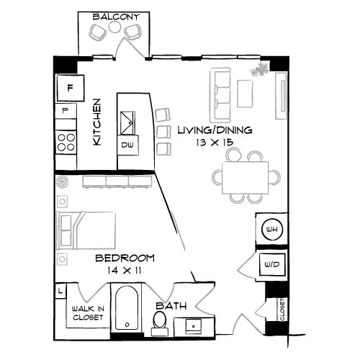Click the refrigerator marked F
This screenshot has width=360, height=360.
tap(71, 88)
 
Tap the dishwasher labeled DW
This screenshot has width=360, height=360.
tap(128, 145)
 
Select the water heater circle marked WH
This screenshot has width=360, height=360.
tap(272, 229)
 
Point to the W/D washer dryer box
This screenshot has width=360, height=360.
tap(272, 265)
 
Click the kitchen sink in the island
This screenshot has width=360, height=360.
tap(127, 122)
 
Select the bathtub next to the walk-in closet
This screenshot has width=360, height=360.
tap(127, 307)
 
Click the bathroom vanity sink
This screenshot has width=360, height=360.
tap(194, 326)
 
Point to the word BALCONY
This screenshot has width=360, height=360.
tap(116, 17)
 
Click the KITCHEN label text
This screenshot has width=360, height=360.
tap(96, 122)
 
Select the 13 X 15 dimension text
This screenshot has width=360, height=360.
tap(215, 143)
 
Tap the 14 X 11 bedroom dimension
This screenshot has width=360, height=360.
tap(124, 271)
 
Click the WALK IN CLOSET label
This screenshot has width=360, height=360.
tap(88, 313)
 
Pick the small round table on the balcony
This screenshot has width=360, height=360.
tap(114, 27)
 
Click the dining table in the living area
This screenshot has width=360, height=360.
tap(246, 178)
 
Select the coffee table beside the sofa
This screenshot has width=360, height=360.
tap(245, 94)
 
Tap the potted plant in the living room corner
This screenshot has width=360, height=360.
tap(260, 69)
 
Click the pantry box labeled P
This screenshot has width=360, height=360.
tap(66, 111)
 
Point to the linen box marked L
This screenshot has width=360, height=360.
tap(60, 291)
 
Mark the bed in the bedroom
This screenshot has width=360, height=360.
tap(86, 230)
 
